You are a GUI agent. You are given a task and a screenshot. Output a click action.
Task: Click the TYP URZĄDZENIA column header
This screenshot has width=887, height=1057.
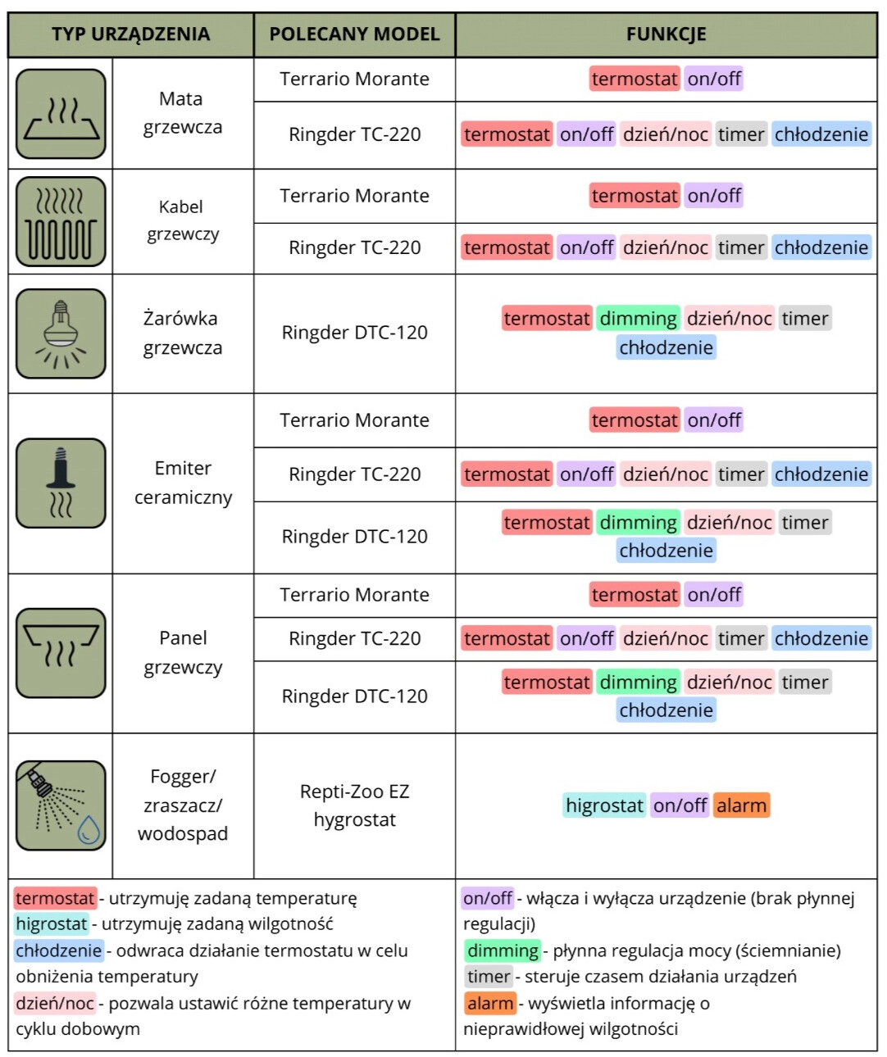click(x=131, y=34)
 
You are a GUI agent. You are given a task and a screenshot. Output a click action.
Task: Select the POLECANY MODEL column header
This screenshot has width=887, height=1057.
click(x=354, y=34)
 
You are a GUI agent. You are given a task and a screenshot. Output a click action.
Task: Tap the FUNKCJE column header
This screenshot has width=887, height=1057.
click(x=666, y=34)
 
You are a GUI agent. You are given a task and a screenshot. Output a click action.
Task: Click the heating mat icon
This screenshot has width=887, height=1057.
click(x=61, y=114)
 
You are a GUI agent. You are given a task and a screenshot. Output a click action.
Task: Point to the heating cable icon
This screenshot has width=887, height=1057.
click(x=61, y=222)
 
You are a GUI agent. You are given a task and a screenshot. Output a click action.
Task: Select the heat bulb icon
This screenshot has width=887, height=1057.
click(x=61, y=333)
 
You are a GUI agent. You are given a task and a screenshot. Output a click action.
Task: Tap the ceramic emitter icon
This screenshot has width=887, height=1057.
click(x=61, y=483)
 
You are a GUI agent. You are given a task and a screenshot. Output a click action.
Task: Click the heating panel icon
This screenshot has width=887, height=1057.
click(x=61, y=653)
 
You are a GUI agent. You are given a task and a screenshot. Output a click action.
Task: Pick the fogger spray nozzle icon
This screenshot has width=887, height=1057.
click(x=61, y=805)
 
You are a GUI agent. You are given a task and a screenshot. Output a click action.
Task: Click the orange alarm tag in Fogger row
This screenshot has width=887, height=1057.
click(x=741, y=805)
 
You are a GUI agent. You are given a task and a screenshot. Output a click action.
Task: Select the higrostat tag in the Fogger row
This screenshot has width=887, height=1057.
click(x=604, y=805)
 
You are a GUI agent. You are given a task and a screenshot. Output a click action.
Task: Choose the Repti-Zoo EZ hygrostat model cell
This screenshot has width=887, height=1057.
click(x=354, y=805)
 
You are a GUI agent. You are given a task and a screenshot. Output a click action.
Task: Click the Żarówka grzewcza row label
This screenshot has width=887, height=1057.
click(x=182, y=333)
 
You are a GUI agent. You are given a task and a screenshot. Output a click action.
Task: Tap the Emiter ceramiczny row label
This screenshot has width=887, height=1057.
click(x=183, y=483)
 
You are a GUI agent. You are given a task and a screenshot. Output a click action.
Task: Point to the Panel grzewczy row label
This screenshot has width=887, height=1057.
click(x=183, y=652)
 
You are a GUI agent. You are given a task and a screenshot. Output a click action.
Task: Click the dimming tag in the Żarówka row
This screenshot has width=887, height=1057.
click(x=638, y=319)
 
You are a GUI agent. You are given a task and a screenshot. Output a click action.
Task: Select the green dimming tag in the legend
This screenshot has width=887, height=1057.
click(x=503, y=950)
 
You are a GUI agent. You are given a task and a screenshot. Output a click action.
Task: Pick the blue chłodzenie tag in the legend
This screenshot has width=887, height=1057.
click(x=58, y=950)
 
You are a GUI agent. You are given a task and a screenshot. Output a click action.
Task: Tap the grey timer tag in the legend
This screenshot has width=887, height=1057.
click(x=489, y=977)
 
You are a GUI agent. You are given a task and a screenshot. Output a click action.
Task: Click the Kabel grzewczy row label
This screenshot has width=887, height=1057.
click(x=182, y=220)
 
